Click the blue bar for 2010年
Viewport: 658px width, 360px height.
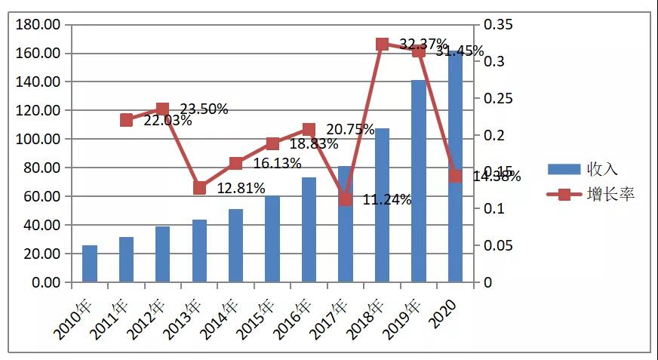click(90, 264)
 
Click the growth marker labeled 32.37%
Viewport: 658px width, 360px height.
click(382, 45)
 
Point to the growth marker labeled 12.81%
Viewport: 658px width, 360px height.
click(199, 188)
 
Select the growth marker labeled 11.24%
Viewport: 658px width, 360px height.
click(346, 199)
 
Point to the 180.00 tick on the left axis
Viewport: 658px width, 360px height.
click(37, 25)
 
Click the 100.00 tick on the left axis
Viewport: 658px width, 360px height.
click(37, 140)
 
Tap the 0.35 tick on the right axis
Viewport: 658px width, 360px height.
click(498, 25)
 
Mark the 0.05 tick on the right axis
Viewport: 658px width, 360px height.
click(498, 245)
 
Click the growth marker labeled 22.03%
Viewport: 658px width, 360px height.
click(127, 120)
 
